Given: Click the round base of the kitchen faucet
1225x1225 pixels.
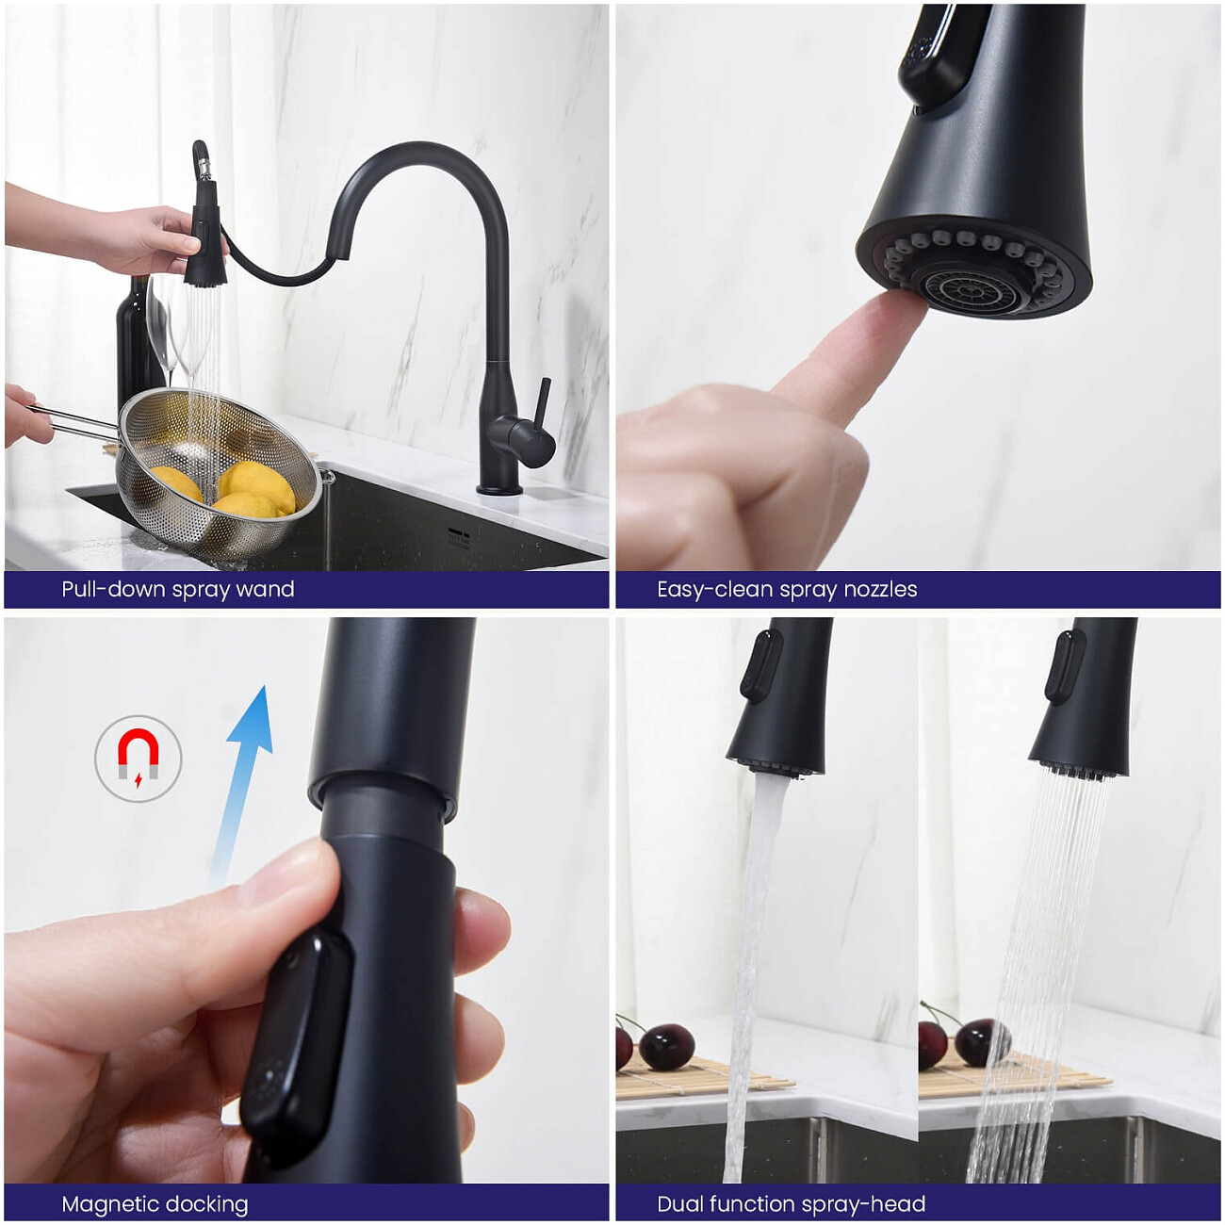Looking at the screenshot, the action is point(499,489).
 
